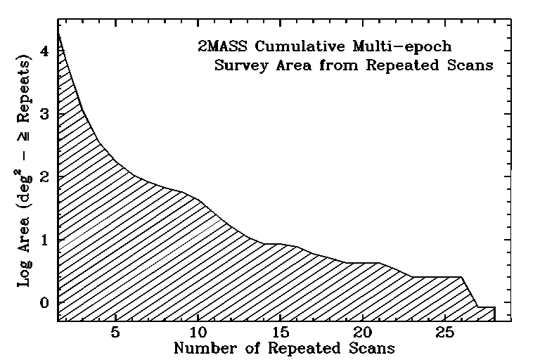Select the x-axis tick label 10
pos(198,332)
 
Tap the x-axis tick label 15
pos(281,332)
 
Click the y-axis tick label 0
pos(44,303)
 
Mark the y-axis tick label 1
pos(44,240)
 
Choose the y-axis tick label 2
pos(44,176)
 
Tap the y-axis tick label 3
pos(44,113)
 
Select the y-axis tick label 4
pos(44,51)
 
